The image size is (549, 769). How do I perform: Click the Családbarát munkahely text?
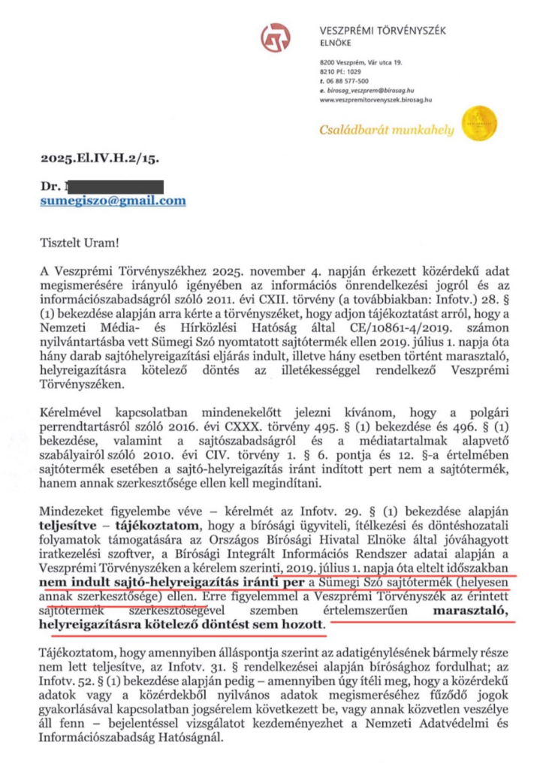[x=387, y=130]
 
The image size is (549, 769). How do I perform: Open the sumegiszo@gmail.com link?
[x=113, y=201]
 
